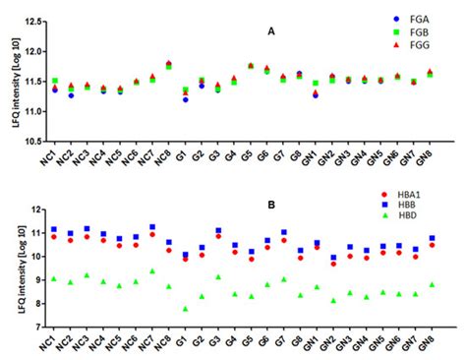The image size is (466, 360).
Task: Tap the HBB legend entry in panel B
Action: [x=420, y=210]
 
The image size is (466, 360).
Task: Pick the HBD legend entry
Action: [x=420, y=224]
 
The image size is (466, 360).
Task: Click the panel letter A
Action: [x=270, y=31]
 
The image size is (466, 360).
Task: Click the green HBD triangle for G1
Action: [x=185, y=309]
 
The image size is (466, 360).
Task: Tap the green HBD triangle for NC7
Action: [x=151, y=270]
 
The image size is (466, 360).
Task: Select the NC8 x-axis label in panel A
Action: [x=167, y=157]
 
